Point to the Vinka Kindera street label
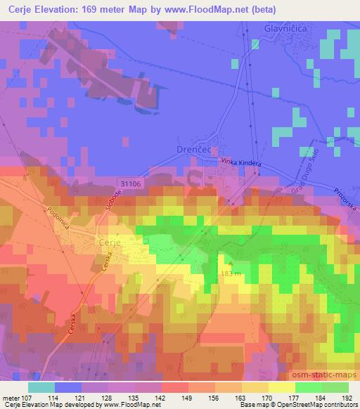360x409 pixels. tap(242, 164)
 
